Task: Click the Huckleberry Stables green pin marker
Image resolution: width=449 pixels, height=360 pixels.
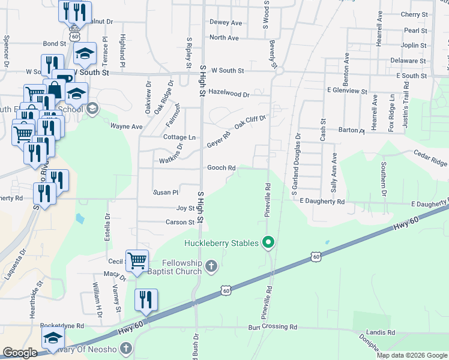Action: point(269,242)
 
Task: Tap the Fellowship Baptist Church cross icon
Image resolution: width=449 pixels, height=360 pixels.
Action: point(211,266)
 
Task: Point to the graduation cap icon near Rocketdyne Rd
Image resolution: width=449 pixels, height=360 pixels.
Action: point(53,338)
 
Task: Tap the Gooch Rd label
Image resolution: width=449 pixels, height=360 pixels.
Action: point(221,168)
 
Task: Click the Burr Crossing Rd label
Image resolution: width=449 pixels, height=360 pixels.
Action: point(273,328)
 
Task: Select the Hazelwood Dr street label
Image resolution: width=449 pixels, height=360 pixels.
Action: point(229,93)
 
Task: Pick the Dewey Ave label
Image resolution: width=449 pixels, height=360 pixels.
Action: point(225,23)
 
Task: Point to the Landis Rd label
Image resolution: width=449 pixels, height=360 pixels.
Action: point(382,332)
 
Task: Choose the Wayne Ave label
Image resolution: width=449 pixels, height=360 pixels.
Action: point(126,127)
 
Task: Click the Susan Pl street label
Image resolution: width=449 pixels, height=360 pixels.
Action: point(166,193)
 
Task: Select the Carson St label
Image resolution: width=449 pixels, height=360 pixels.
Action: point(180,222)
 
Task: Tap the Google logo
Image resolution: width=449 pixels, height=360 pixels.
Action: point(20,353)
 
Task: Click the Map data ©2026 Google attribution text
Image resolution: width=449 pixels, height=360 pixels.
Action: point(411,355)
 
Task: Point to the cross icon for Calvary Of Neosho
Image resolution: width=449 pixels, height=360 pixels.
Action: point(125,348)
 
